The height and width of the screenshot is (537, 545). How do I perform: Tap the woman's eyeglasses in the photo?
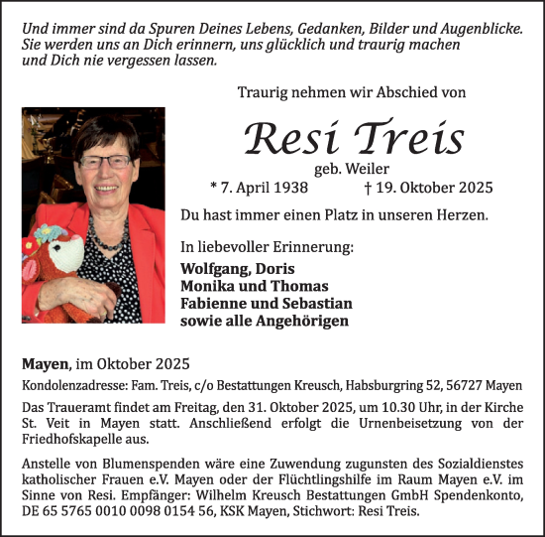pyautogui.click(x=103, y=160)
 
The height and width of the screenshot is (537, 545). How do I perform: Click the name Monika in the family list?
pyautogui.click(x=207, y=286)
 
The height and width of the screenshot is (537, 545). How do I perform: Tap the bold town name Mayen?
pyautogui.click(x=45, y=364)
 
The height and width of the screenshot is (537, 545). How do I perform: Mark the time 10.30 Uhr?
pyautogui.click(x=345, y=408)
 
